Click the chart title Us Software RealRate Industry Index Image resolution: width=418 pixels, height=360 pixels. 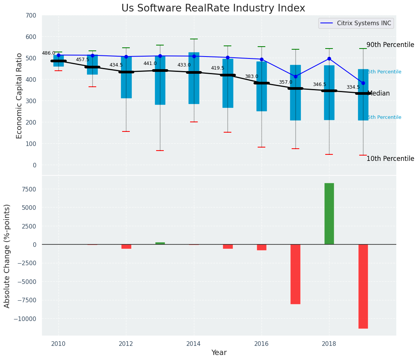pyautogui.click(x=213, y=8)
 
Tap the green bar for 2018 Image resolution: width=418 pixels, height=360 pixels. pyautogui.click(x=329, y=214)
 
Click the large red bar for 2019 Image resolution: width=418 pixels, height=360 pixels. pyautogui.click(x=363, y=286)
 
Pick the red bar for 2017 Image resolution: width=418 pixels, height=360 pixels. pyautogui.click(x=295, y=274)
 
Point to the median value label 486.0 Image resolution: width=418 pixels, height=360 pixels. pyautogui.click(x=48, y=53)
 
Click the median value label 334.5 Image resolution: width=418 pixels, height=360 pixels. pyautogui.click(x=353, y=87)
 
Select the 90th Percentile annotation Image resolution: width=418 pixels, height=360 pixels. pyautogui.click(x=390, y=45)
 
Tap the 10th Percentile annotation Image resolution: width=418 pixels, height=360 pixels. pyautogui.click(x=390, y=159)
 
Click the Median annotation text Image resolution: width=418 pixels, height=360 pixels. pyautogui.click(x=378, y=93)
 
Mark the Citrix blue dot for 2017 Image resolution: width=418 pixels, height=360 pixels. pyautogui.click(x=295, y=76)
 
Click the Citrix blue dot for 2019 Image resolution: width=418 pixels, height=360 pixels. pyautogui.click(x=363, y=83)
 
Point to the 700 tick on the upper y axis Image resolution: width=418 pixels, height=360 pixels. pyautogui.click(x=31, y=16)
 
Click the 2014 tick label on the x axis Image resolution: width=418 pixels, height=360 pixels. pyautogui.click(x=194, y=344)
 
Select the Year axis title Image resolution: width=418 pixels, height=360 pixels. pyautogui.click(x=219, y=353)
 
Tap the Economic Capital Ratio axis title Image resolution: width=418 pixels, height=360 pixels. pyautogui.click(x=19, y=96)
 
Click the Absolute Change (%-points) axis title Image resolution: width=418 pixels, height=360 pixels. pyautogui.click(x=7, y=256)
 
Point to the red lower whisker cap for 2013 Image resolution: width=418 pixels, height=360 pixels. pyautogui.click(x=160, y=151)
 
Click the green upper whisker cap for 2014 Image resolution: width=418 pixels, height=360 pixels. pyautogui.click(x=194, y=39)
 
